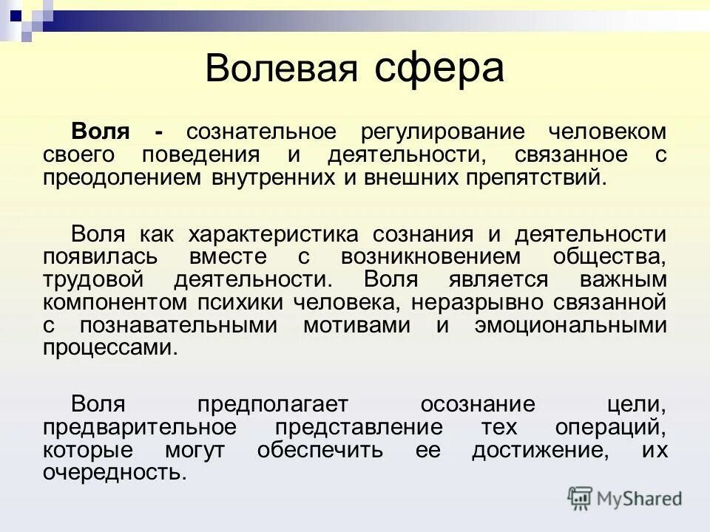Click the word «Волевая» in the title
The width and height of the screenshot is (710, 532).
point(282,69)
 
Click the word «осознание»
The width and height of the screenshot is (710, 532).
point(478,405)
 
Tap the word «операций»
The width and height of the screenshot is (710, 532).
point(618,428)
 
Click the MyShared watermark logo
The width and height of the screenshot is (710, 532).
point(625,499)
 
